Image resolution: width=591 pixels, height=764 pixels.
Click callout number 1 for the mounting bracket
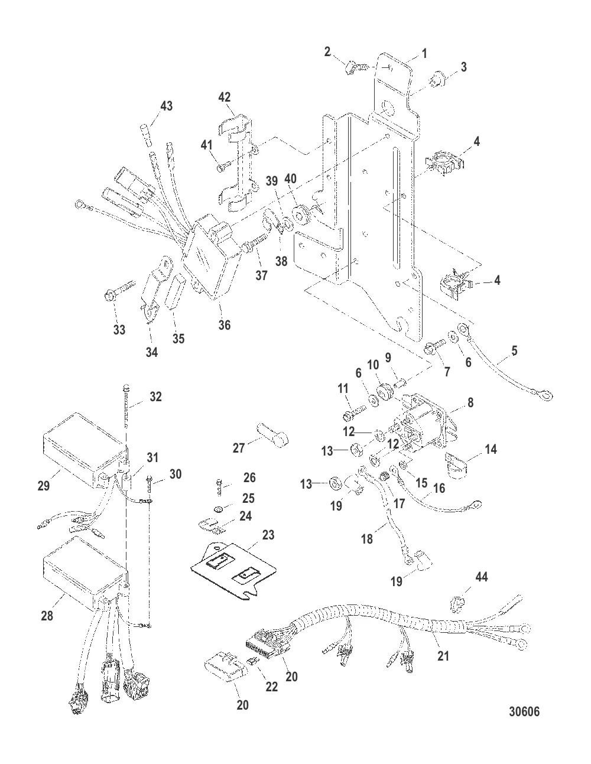tap(424, 54)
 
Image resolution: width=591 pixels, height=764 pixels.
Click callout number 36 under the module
tap(225, 325)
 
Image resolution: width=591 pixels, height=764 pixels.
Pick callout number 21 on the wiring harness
tap(443, 656)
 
